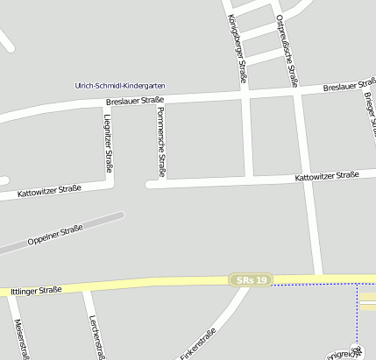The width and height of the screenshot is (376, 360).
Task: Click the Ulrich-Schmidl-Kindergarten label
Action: [120, 86]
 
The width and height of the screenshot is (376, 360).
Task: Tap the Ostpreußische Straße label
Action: [287, 49]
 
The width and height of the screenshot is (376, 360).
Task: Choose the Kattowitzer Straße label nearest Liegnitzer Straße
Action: [49, 190]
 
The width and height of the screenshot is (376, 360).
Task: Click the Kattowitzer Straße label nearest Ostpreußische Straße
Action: [327, 175]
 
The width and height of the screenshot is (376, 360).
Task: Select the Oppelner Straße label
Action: [55, 234]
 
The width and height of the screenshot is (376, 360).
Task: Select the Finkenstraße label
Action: [198, 344]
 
